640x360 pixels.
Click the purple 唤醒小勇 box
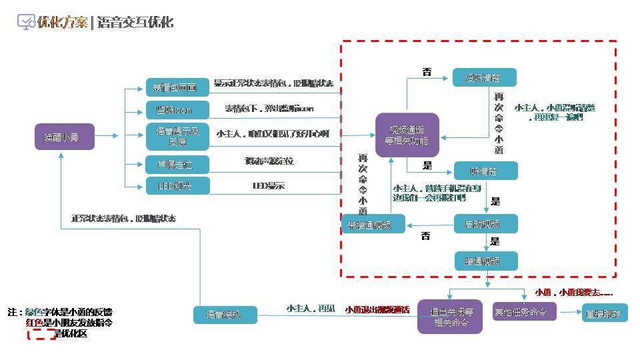click(65, 137)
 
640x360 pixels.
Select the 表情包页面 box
click(177, 87)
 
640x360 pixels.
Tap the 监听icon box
click(177, 110)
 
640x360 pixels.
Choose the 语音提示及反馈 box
click(177, 137)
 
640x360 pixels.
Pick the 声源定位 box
click(177, 163)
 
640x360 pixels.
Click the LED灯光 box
click(177, 185)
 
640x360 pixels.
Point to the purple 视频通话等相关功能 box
click(407, 135)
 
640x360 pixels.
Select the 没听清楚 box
click(484, 77)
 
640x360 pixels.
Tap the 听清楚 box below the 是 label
click(485, 171)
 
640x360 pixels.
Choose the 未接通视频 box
click(373, 224)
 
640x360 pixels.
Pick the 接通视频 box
click(485, 261)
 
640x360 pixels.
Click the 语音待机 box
click(225, 315)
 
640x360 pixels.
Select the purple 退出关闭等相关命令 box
click(450, 317)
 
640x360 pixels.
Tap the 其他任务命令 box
click(524, 311)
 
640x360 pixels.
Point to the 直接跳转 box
click(605, 313)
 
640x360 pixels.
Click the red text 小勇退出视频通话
click(377, 309)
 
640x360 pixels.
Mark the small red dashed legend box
click(41, 333)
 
